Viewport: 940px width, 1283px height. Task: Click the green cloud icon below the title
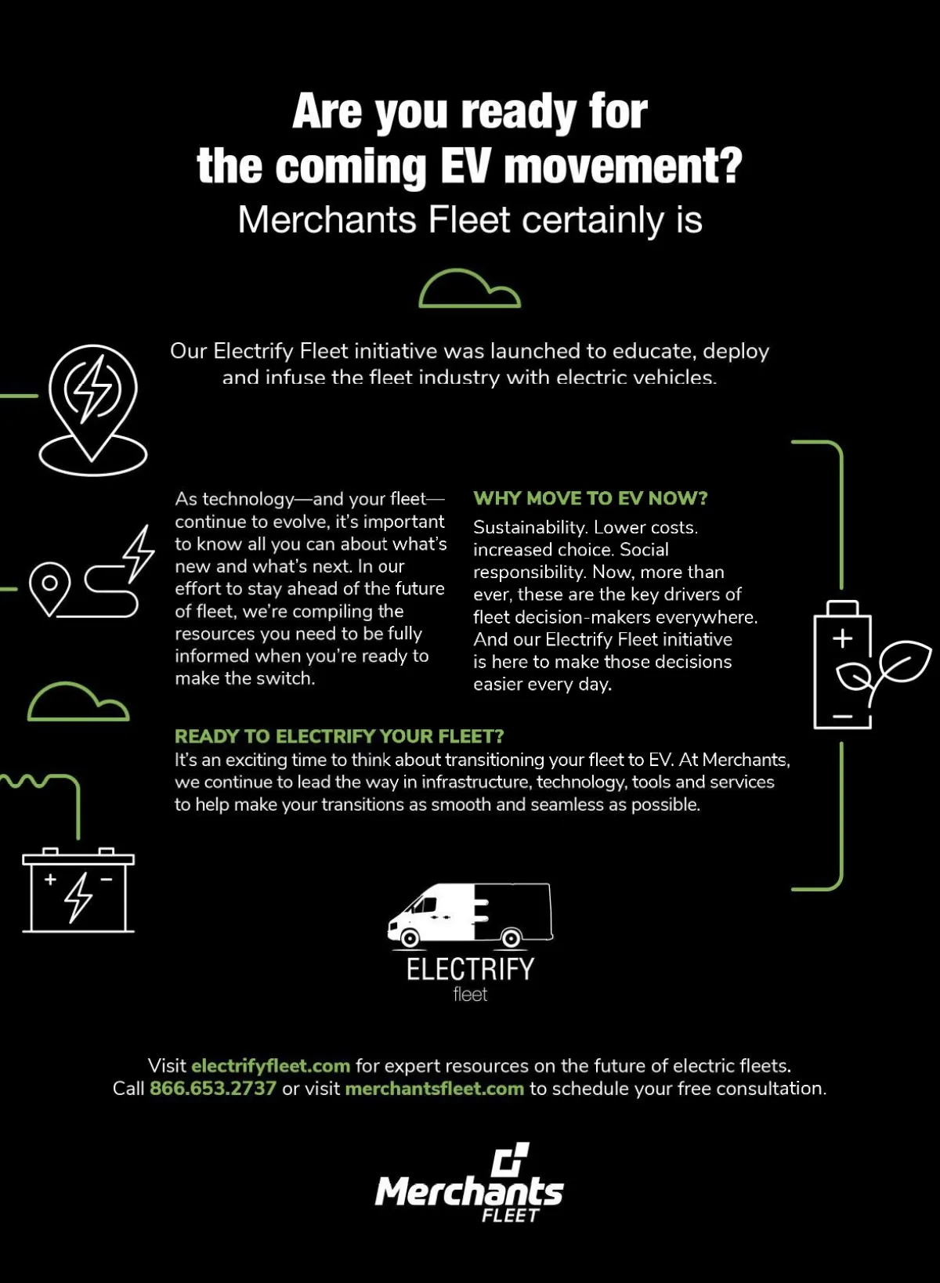click(x=469, y=289)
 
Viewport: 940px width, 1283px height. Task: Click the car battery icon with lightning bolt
click(x=78, y=891)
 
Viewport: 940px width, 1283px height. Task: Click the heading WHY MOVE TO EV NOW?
click(x=590, y=498)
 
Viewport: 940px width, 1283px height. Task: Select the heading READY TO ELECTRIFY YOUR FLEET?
click(x=339, y=736)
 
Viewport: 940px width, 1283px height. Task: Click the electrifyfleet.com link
click(x=270, y=1065)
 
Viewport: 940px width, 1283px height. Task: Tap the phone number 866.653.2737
click(x=213, y=1088)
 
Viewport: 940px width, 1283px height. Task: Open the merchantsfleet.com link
click(x=434, y=1088)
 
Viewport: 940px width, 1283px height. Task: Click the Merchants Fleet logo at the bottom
click(x=469, y=1184)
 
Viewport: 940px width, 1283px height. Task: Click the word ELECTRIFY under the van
click(x=470, y=969)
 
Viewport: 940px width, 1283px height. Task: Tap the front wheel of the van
click(x=409, y=938)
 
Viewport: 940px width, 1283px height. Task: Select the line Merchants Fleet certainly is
click(x=470, y=219)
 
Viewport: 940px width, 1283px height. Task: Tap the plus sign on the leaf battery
click(x=842, y=638)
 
